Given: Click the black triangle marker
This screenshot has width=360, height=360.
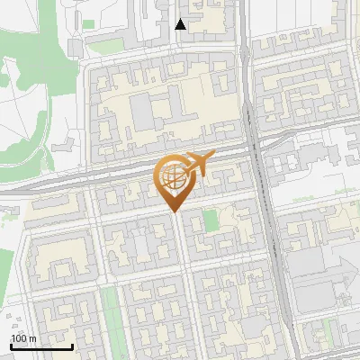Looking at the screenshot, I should click(181, 24).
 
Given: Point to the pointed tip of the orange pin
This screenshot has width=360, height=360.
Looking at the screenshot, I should click(173, 211).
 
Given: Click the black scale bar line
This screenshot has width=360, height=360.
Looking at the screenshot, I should click(41, 346).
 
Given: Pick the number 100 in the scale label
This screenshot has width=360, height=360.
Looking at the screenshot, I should click(18, 338).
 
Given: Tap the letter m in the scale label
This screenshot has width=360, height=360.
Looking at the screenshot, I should click(32, 338).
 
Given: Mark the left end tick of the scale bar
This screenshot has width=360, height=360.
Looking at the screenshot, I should click(11, 345).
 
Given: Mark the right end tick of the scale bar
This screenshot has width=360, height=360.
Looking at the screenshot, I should click(72, 345).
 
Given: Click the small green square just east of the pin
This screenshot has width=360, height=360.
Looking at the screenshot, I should click(211, 220).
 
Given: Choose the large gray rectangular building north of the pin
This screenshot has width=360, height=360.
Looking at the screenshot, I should click(141, 112).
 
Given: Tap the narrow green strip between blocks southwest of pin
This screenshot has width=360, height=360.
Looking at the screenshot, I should click(111, 310).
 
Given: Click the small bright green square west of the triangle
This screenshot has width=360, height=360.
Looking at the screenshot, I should click(89, 23).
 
